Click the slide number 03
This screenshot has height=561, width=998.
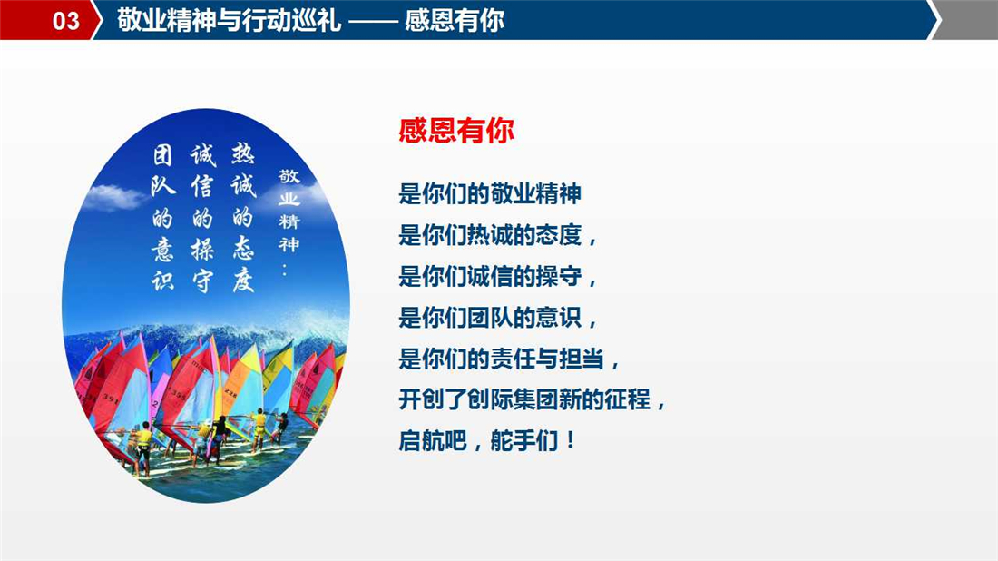tap(65, 20)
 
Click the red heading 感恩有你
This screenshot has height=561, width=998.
tap(456, 131)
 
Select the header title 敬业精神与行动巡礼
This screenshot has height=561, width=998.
tap(230, 20)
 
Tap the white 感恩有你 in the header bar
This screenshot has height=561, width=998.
tap(455, 20)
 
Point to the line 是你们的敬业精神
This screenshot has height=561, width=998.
tap(490, 193)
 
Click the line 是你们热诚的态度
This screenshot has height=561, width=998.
tap(498, 235)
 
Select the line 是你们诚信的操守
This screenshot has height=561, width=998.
tap(498, 276)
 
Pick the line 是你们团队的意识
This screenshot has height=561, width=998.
tap(498, 317)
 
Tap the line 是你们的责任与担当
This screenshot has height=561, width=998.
tap(509, 359)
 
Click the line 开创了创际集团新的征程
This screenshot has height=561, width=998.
tap(532, 400)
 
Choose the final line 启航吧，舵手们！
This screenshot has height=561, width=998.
tap(487, 440)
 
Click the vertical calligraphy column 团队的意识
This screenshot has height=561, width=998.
tap(162, 218)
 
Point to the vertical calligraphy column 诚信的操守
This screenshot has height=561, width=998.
tap(202, 218)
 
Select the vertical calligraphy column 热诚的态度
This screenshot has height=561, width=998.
tap(242, 217)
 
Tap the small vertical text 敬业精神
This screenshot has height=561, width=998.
tap(289, 210)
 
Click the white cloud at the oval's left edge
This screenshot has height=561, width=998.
tap(113, 197)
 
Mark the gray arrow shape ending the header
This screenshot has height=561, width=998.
tap(965, 20)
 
